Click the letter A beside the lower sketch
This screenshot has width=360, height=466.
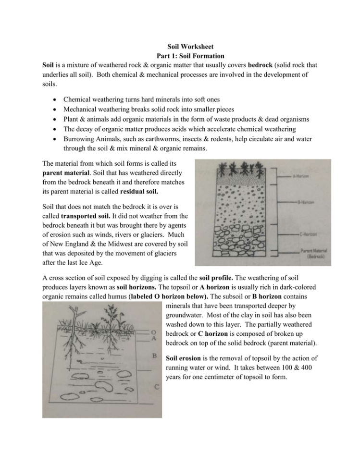click(x=153, y=338)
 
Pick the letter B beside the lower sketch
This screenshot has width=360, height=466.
click(x=153, y=356)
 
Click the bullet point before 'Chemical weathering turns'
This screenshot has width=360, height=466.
click(x=52, y=99)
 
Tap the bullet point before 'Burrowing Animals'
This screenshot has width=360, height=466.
click(x=52, y=138)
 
